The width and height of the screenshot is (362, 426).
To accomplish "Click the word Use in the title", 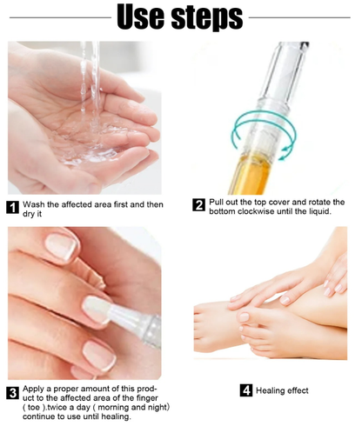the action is pos(140,17).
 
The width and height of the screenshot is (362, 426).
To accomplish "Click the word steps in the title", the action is pos(207,19).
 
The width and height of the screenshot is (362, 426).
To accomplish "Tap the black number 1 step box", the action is pos(13,208).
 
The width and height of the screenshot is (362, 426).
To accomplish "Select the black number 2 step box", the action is pos(198,205).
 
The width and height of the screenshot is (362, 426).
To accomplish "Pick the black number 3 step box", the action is pos(13,393).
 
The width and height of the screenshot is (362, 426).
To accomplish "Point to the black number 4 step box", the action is pos(246,390).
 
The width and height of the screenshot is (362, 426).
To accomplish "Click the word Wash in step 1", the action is pos(34,204).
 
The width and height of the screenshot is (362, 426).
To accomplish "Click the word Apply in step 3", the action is pos(33,389).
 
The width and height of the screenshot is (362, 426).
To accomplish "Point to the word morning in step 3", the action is pos(113,408).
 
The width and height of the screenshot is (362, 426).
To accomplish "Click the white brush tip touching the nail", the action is pos(97,309).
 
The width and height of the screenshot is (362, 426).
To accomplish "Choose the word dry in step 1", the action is pos(29,214).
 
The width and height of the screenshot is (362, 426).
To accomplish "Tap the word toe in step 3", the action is pos(33,408).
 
